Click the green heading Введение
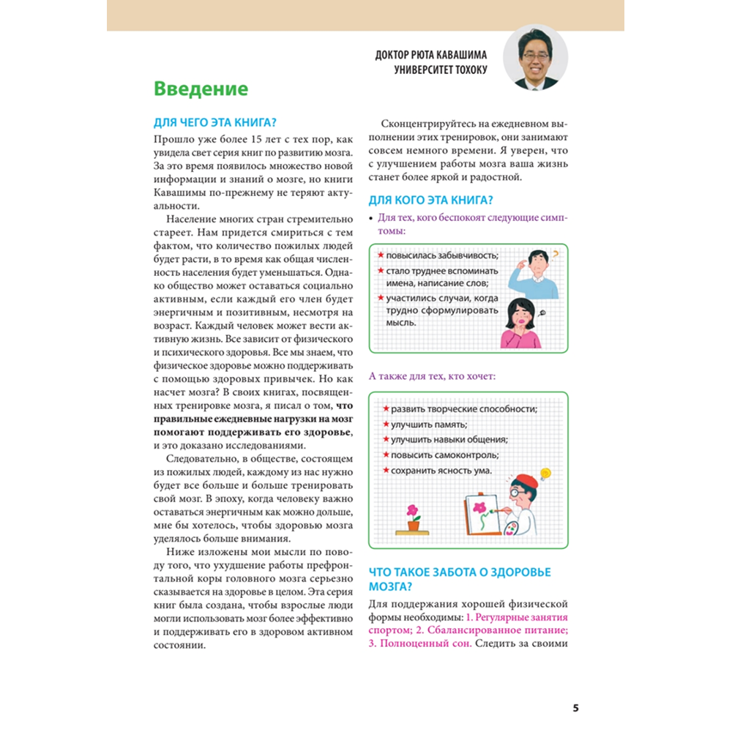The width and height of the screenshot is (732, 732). click(201, 89)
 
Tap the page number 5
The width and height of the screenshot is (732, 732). click(575, 708)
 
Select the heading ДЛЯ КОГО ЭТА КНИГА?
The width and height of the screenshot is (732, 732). click(430, 199)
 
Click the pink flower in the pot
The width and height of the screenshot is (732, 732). click(414, 509)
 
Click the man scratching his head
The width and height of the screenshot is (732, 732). click(537, 271)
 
